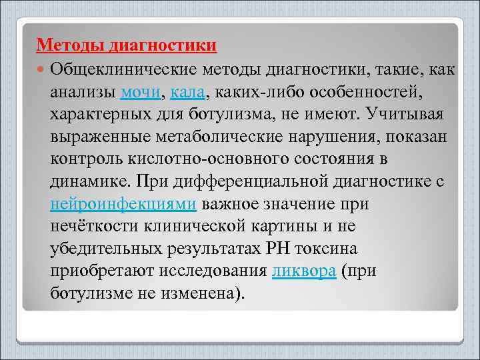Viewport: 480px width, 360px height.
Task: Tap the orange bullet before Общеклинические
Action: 42,69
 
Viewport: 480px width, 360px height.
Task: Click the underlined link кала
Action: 189,91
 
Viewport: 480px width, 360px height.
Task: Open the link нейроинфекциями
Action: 123,204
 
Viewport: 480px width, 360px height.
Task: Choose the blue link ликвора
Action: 303,272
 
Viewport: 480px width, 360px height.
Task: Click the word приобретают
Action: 103,272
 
